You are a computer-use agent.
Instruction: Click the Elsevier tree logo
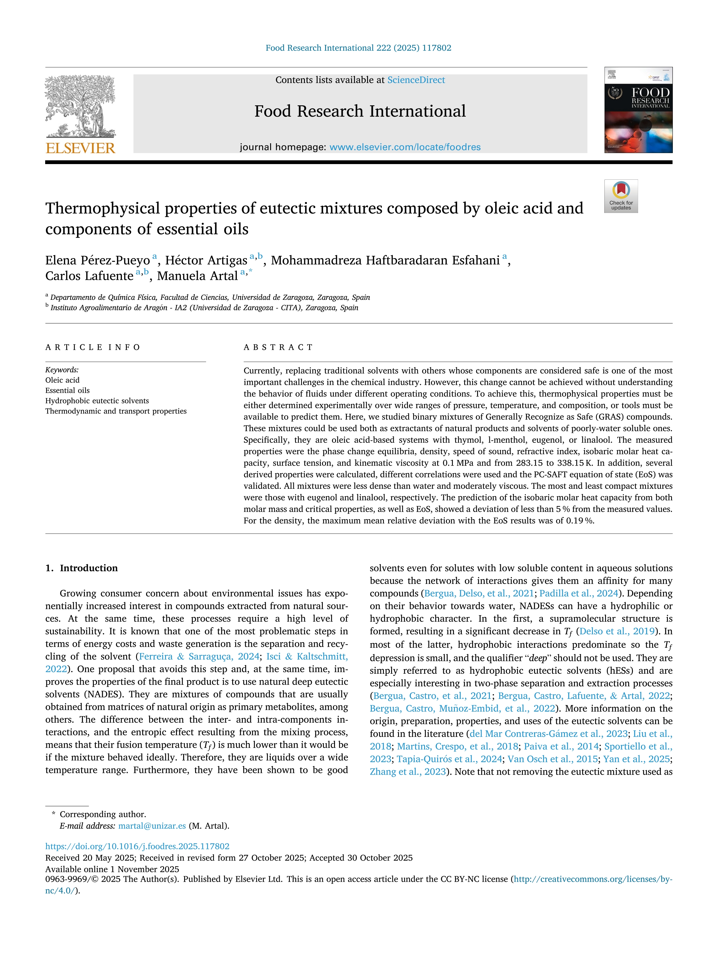[x=80, y=106]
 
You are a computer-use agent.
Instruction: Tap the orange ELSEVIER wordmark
[x=80, y=148]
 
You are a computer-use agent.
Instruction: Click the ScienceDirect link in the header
[x=416, y=80]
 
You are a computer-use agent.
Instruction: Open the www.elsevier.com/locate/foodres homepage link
[x=405, y=147]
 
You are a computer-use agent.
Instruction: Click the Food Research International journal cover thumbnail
[x=638, y=110]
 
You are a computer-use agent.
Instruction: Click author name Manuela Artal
[x=197, y=276]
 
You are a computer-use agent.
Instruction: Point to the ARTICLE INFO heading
[x=93, y=348]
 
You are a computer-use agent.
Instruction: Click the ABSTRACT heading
[x=278, y=348]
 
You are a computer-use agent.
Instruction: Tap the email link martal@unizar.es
[x=152, y=826]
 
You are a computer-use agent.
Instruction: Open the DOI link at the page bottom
[x=137, y=846]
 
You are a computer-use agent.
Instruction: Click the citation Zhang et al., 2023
[x=408, y=772]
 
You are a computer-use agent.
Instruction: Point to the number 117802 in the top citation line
[x=436, y=48]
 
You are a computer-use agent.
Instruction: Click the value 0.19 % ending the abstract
[x=580, y=521]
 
